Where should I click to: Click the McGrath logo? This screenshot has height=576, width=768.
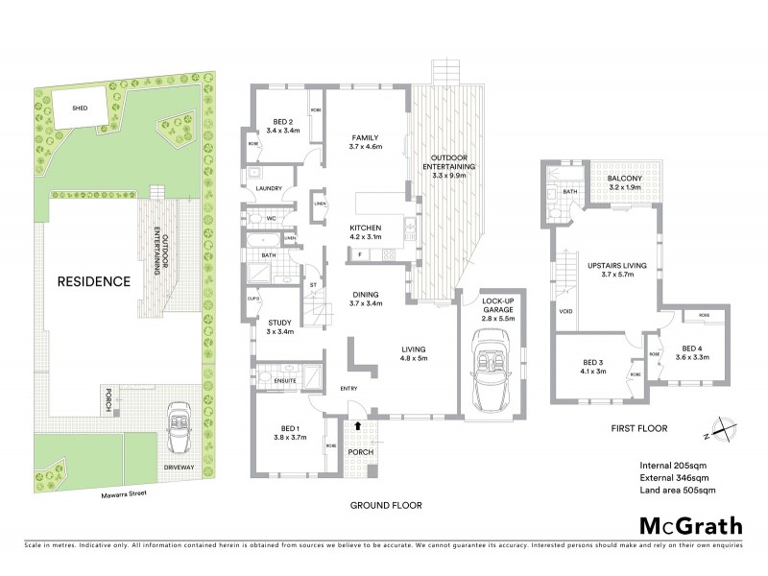click(691, 525)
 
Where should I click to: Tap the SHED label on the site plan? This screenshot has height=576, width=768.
click(80, 108)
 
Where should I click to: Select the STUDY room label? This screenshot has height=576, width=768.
click(279, 322)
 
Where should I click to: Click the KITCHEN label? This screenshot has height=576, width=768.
click(366, 227)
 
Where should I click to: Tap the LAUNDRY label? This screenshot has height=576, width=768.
click(268, 188)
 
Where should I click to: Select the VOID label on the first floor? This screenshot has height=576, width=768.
click(564, 312)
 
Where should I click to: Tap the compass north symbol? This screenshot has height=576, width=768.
click(721, 432)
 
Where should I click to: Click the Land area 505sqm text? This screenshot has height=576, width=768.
click(677, 491)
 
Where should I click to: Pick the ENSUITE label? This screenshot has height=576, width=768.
click(285, 381)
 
